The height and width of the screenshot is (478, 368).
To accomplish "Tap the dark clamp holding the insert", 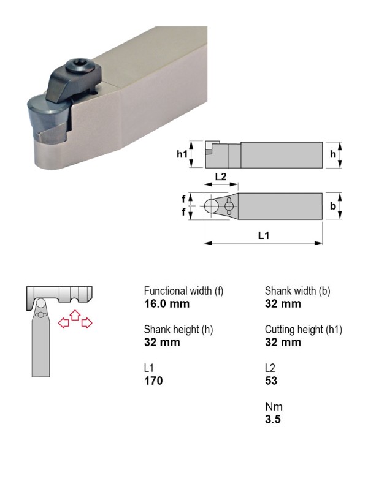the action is coord(72,84).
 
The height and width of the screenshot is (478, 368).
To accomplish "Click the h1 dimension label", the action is coord(183,154).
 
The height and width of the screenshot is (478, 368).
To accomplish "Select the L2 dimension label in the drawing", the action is coord(221,176).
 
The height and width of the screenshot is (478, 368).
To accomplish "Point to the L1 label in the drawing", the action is coord(264,235).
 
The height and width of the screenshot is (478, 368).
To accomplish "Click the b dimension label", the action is coord(333,206).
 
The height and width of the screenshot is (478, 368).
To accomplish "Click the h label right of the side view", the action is coord(333,154).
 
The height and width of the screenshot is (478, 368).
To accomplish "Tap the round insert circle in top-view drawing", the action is coord(211,206).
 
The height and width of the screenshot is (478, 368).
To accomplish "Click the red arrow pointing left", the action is coord(63,322).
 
